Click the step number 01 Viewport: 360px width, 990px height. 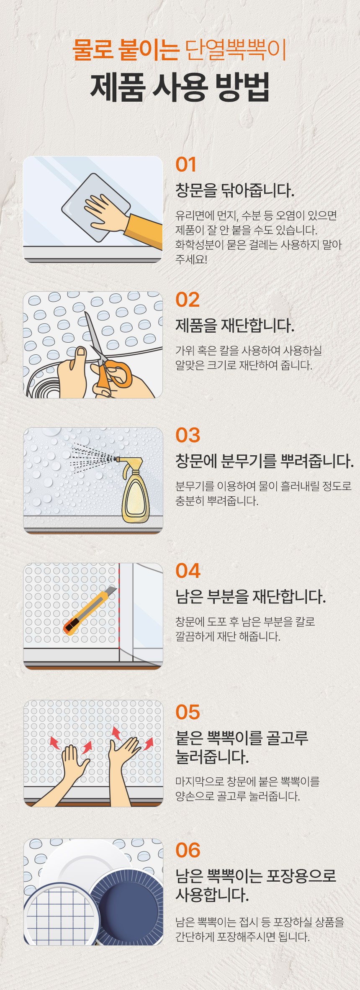[x=186, y=164]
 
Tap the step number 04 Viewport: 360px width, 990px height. [x=188, y=571]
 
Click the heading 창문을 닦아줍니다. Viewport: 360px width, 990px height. [x=235, y=190]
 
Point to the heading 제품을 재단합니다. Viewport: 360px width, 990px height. [x=235, y=326]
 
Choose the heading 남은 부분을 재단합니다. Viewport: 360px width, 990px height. [x=250, y=597]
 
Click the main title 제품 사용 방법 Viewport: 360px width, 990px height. [x=180, y=87]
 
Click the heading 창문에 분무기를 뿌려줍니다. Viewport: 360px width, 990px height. [x=265, y=461]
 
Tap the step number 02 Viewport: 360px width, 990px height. [x=188, y=300]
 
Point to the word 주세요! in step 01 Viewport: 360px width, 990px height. [x=191, y=259]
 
